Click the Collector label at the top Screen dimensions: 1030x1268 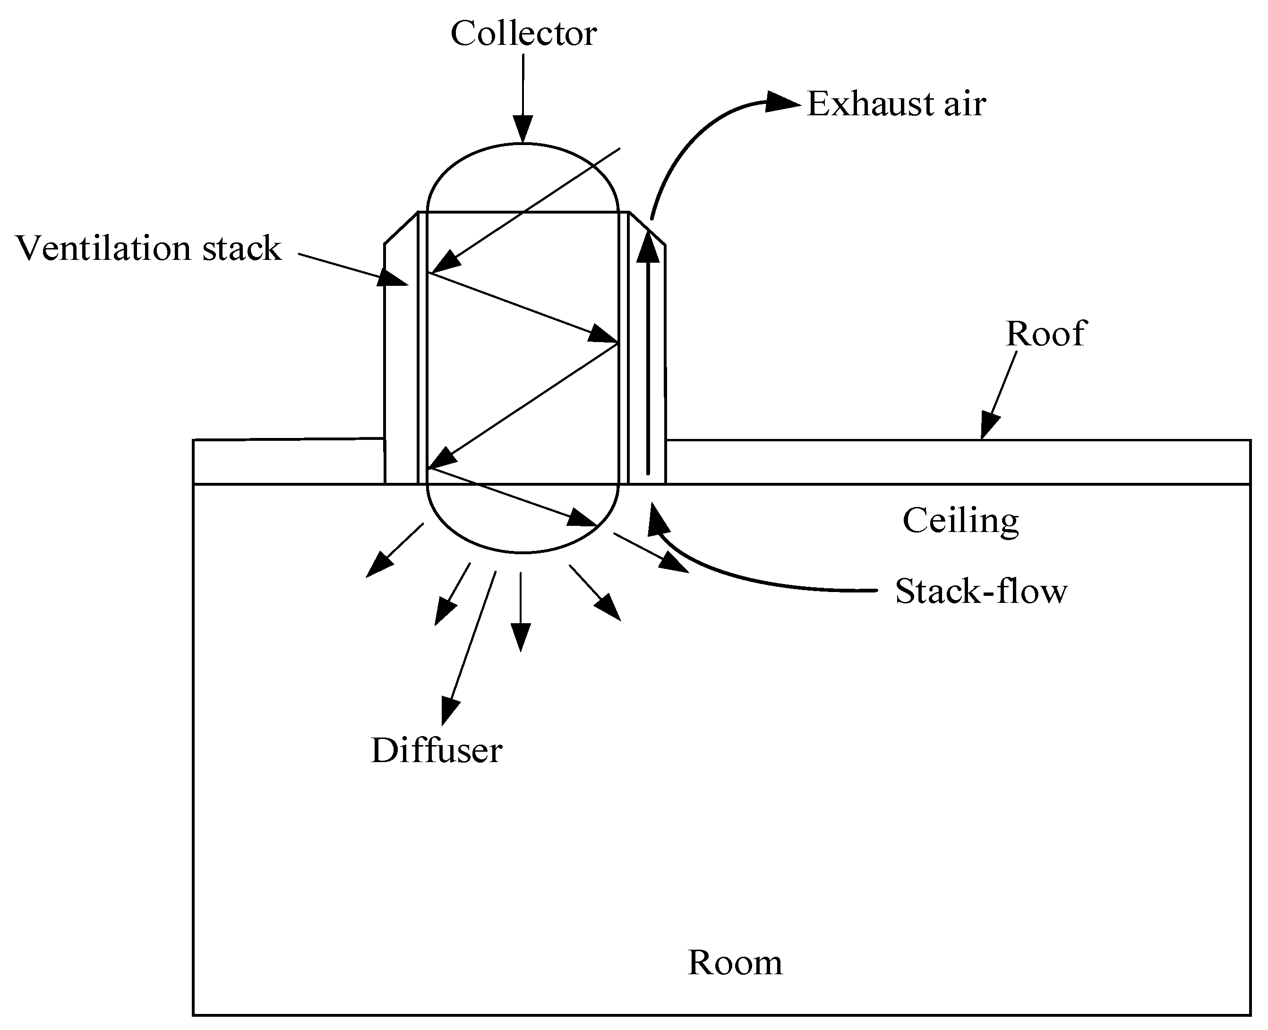(x=523, y=34)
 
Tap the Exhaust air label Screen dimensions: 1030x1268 (x=896, y=104)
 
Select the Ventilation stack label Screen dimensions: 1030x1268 (x=148, y=248)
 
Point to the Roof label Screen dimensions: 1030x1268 (x=1045, y=334)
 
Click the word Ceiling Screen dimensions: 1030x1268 (x=960, y=520)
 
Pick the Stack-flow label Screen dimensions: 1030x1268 (x=981, y=592)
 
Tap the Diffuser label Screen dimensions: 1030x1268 (x=437, y=751)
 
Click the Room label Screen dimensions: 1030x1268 (x=735, y=962)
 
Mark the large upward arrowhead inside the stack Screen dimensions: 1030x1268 (x=648, y=248)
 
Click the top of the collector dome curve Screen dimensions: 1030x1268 (x=523, y=144)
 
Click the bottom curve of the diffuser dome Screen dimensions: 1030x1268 (x=522, y=552)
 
